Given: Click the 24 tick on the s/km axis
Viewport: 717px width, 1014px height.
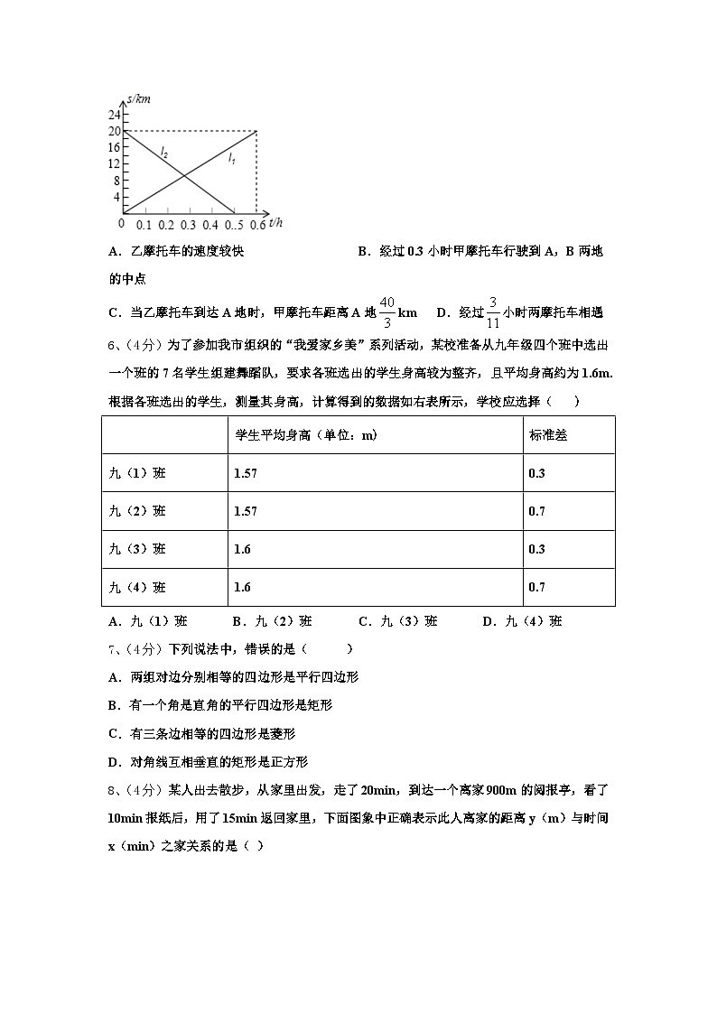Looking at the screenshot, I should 115,115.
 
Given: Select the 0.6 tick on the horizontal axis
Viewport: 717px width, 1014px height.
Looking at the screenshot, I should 256,224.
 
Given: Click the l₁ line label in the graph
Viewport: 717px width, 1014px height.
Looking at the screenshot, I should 232,160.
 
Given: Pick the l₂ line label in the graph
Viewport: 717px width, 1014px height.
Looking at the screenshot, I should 163,153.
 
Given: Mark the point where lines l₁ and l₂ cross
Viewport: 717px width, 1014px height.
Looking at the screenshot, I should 184,174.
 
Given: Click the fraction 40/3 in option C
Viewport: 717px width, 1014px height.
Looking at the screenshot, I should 386,312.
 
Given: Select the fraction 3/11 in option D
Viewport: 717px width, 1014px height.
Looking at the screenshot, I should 493,312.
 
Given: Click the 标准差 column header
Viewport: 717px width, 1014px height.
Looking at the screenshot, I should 548,435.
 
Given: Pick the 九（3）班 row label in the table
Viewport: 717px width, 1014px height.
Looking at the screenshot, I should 137,549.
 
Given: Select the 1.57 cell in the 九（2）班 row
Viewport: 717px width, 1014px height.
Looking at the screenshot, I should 245,511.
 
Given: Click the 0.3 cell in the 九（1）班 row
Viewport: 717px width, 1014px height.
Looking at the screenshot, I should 536,473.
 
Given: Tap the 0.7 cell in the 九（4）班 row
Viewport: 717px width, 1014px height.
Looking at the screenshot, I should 536,587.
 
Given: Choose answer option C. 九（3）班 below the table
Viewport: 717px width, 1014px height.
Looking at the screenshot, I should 398,621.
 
